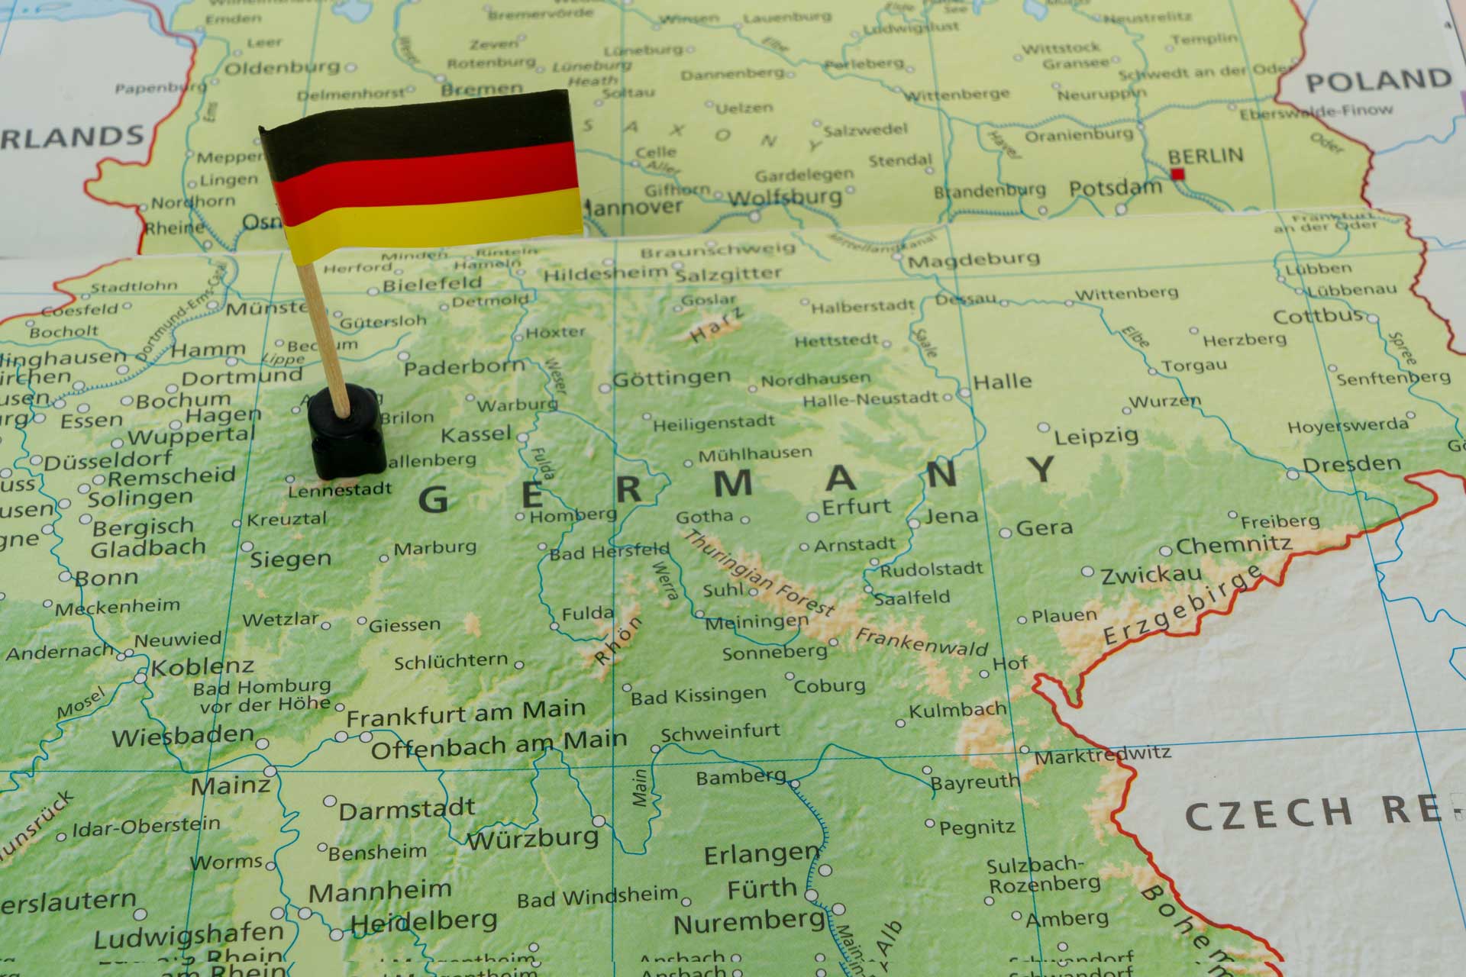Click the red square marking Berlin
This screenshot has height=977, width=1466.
point(1177,174)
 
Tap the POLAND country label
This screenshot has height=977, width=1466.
point(1378,81)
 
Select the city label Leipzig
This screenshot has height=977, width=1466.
point(1096,437)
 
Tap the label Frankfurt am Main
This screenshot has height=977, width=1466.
point(466,714)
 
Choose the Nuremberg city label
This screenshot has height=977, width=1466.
point(748,924)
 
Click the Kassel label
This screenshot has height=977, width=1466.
point(476,435)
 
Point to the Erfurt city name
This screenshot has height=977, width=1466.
point(856,507)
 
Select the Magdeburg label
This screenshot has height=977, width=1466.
point(974,260)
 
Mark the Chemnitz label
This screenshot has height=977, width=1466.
point(1234,546)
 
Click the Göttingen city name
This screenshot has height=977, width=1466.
point(672,378)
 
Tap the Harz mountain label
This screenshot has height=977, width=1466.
point(716,324)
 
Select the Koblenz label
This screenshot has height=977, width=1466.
point(202,667)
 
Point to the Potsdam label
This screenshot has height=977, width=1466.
point(1115,188)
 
